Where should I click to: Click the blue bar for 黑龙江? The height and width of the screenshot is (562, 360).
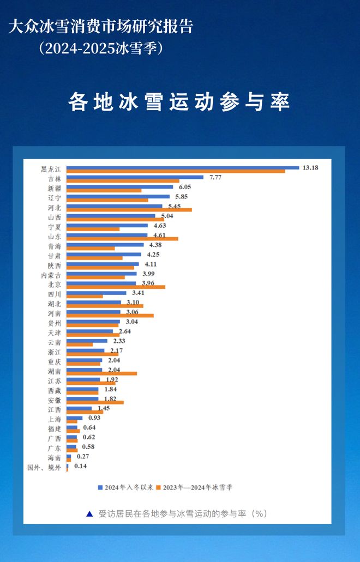pos(183,167)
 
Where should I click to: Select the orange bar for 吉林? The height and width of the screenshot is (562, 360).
pos(123,181)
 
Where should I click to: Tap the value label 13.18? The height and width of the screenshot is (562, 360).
pos(309,167)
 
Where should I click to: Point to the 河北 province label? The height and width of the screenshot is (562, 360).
pos(54,208)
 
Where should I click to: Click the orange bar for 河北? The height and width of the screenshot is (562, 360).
pos(129,210)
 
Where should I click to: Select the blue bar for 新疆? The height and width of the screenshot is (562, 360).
pos(119,187)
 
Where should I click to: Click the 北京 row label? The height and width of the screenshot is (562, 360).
pos(54,285)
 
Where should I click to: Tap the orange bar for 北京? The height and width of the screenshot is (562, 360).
pos(116,287)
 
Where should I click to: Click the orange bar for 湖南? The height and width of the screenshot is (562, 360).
pos(101,373)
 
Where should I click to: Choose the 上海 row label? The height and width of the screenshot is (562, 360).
pos(54,419)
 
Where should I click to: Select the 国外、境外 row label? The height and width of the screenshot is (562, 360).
pos(44,467)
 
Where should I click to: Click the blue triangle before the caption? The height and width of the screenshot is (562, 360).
pos(89,513)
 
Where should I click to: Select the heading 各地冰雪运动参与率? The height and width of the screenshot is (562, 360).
pos(179,102)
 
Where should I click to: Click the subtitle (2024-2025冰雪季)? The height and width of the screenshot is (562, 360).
pos(101,48)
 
